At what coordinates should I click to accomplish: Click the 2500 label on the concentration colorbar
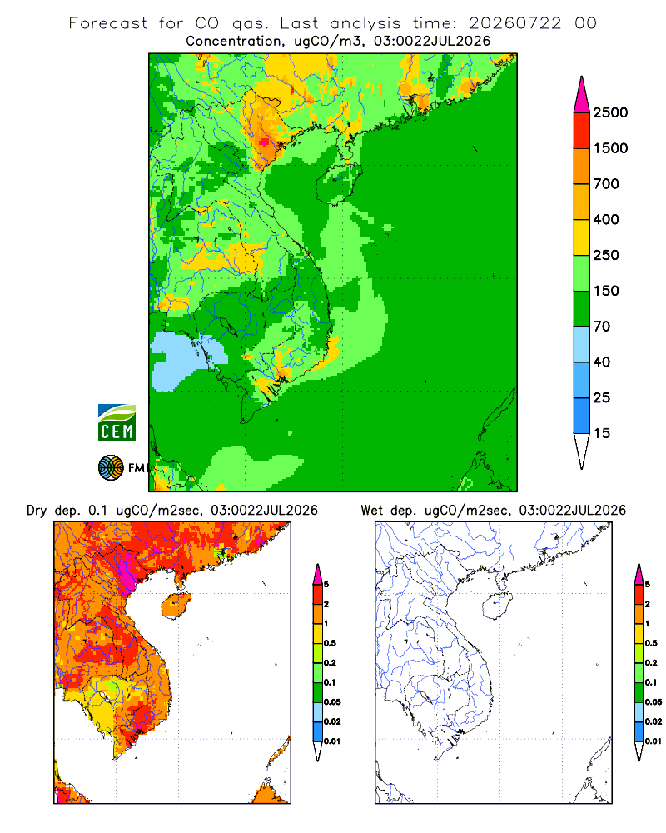point(610,112)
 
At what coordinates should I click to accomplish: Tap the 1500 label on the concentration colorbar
point(610,148)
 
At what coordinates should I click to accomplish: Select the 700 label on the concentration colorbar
point(606,184)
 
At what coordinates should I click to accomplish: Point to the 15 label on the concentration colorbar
point(602,433)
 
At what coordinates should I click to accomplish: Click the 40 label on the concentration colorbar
point(602,362)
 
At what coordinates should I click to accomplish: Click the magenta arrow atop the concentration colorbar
point(582,95)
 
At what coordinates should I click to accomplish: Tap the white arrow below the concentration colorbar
point(582,451)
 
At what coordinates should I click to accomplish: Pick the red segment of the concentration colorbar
point(582,131)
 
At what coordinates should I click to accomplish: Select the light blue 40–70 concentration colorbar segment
point(582,344)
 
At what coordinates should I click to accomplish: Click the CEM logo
point(117,423)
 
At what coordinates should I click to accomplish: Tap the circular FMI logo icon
point(111,468)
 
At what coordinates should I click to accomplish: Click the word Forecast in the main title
point(108,23)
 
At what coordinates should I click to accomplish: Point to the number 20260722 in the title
point(514,23)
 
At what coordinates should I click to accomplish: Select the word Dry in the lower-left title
point(37,511)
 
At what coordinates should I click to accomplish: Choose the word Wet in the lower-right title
point(372,511)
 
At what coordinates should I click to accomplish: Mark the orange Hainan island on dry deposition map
point(176,606)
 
